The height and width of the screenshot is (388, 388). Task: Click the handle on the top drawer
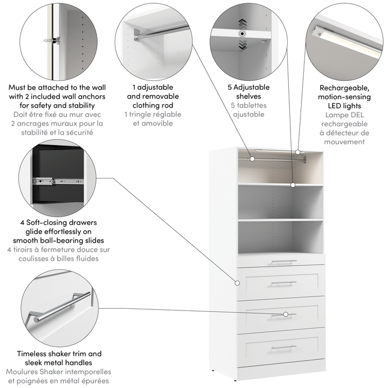283,262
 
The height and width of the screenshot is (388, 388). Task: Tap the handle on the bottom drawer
283,347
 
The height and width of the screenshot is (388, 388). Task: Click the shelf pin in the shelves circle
242,34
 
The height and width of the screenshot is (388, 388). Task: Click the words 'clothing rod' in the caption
153,105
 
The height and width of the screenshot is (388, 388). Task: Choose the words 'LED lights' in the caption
344,105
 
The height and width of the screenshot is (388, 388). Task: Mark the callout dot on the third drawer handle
286,314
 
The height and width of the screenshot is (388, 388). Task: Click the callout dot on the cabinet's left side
237,280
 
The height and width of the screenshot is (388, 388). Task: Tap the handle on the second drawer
283,283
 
